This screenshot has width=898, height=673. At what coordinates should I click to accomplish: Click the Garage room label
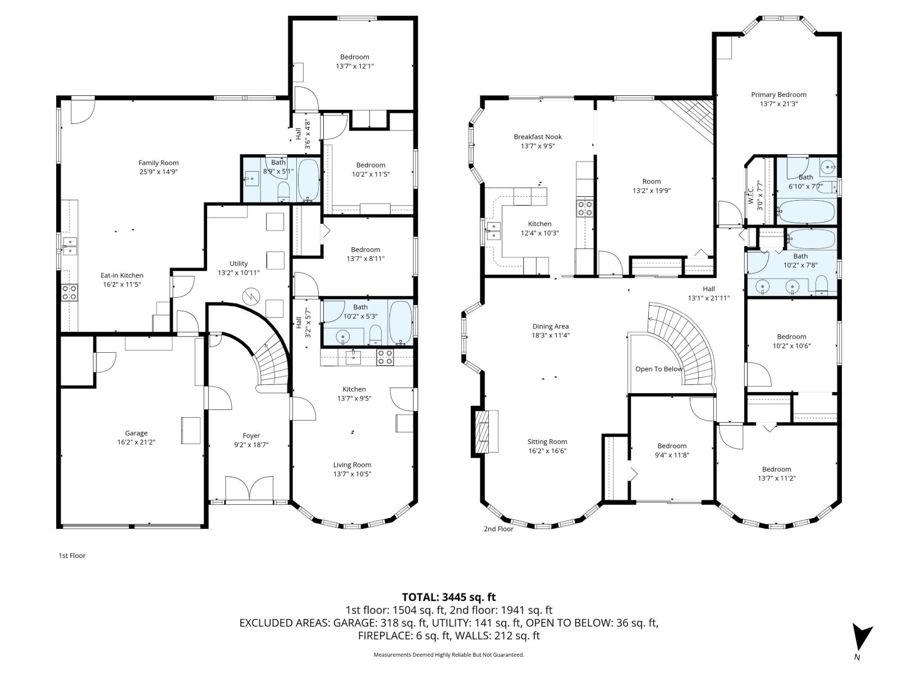pyautogui.click(x=136, y=433)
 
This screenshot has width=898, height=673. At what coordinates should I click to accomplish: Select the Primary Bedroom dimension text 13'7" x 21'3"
pyautogui.click(x=778, y=104)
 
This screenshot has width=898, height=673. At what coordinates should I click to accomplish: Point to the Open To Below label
pyautogui.click(x=659, y=369)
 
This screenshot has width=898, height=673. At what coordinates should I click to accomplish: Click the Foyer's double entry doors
pyautogui.click(x=249, y=488)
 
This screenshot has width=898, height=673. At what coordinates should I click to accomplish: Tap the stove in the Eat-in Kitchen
pyautogui.click(x=70, y=292)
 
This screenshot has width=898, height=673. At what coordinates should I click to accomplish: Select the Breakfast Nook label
pyautogui.click(x=538, y=137)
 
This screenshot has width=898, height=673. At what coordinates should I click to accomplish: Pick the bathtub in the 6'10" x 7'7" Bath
pyautogui.click(x=806, y=212)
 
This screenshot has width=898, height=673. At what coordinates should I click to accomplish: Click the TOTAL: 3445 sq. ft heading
pyautogui.click(x=448, y=597)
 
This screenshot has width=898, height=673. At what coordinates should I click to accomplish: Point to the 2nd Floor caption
pyautogui.click(x=498, y=529)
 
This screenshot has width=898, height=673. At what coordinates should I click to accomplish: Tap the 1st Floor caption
pyautogui.click(x=72, y=556)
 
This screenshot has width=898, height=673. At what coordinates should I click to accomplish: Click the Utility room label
pyautogui.click(x=239, y=264)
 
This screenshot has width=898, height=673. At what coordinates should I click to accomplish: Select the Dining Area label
pyautogui.click(x=550, y=326)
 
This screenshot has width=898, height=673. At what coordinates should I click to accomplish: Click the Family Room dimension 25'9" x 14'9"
pyautogui.click(x=158, y=172)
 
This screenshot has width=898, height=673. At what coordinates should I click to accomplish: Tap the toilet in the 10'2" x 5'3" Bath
pyautogui.click(x=375, y=335)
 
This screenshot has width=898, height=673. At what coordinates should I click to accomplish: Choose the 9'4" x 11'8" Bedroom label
pyautogui.click(x=672, y=446)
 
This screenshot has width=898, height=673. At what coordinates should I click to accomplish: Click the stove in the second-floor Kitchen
pyautogui.click(x=585, y=209)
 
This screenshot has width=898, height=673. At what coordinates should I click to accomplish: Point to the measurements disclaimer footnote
pyautogui.click(x=448, y=654)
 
